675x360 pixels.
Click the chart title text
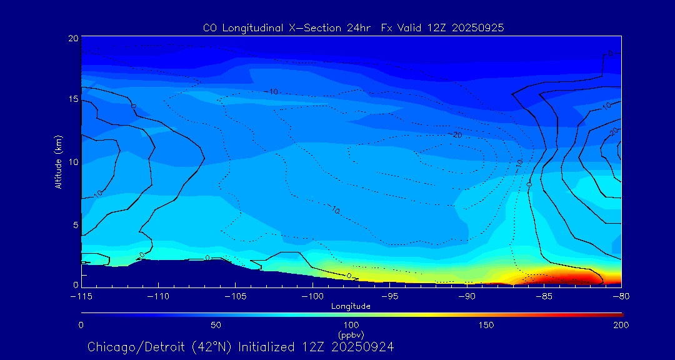pos(353,27)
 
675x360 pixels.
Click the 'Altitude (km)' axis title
pos(58,162)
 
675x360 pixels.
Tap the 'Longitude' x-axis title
pos(351,306)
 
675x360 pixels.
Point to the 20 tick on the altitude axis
pos(72,38)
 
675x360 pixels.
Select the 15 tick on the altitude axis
pos(72,99)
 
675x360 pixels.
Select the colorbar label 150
pos(486,325)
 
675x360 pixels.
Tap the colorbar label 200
pos(621,325)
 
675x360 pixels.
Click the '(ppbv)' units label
pos(351,335)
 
